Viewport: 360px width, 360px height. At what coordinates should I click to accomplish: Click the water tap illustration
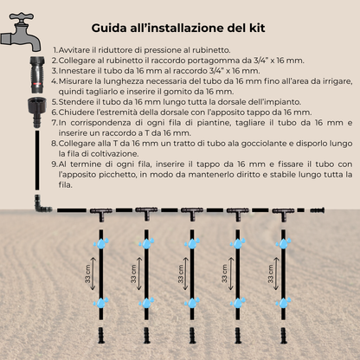[23, 35]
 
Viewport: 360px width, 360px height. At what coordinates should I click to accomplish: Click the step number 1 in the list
[55, 51]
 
